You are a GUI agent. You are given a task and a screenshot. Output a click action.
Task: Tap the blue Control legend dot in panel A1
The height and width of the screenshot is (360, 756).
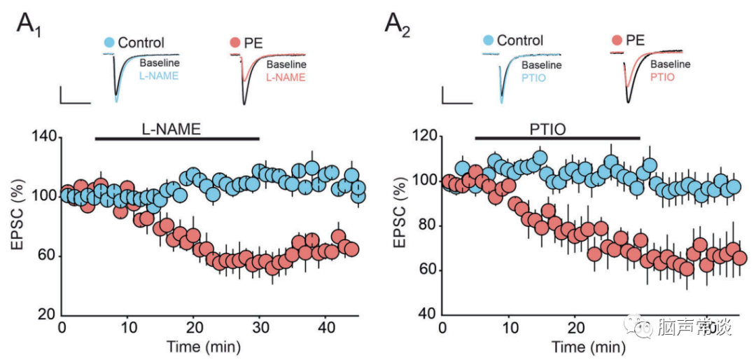pyautogui.click(x=108, y=43)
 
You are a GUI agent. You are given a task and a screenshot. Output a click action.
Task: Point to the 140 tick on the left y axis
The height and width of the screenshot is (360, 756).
pyautogui.click(x=43, y=137)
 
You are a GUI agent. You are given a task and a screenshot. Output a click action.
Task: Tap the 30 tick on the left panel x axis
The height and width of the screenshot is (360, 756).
pyautogui.click(x=260, y=328)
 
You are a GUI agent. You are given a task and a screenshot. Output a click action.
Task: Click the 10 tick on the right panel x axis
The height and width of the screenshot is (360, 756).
pyautogui.click(x=508, y=328)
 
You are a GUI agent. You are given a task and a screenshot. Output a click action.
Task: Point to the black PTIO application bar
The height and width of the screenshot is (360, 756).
pyautogui.click(x=557, y=138)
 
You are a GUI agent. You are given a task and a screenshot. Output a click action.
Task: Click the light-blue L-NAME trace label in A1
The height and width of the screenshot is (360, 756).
pyautogui.click(x=159, y=76)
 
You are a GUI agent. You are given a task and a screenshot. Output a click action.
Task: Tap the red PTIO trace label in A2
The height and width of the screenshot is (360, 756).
pyautogui.click(x=662, y=76)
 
